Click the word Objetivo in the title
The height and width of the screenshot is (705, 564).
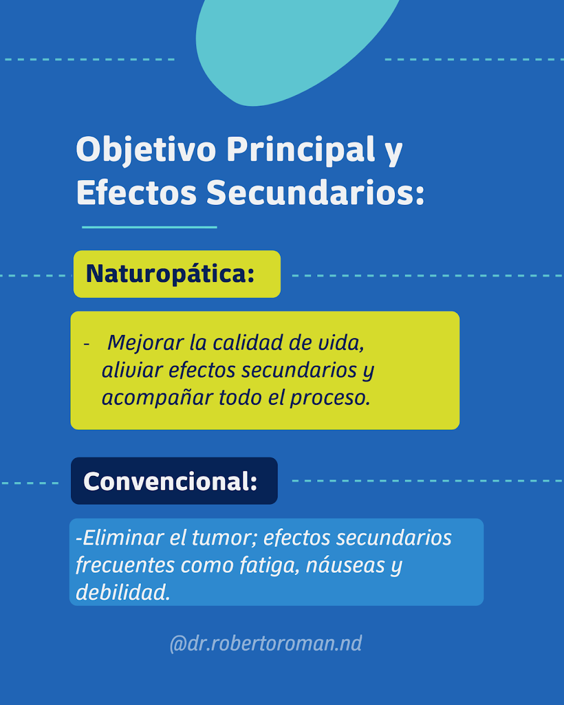tap(146, 150)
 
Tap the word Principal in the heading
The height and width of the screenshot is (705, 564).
tap(301, 149)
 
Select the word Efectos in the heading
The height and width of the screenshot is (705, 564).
tap(137, 193)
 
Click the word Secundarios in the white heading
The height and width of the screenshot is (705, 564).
tap(315, 193)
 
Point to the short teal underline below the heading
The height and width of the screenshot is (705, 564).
tap(149, 227)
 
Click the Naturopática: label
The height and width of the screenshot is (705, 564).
tap(170, 274)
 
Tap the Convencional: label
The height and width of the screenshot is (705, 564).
tap(170, 481)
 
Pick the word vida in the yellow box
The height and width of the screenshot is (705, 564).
tap(341, 343)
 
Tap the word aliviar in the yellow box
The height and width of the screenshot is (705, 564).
tap(132, 371)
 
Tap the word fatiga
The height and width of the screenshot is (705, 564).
tap(270, 566)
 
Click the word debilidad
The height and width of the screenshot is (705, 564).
tap(123, 593)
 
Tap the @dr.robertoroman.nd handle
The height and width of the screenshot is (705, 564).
tap(266, 643)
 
